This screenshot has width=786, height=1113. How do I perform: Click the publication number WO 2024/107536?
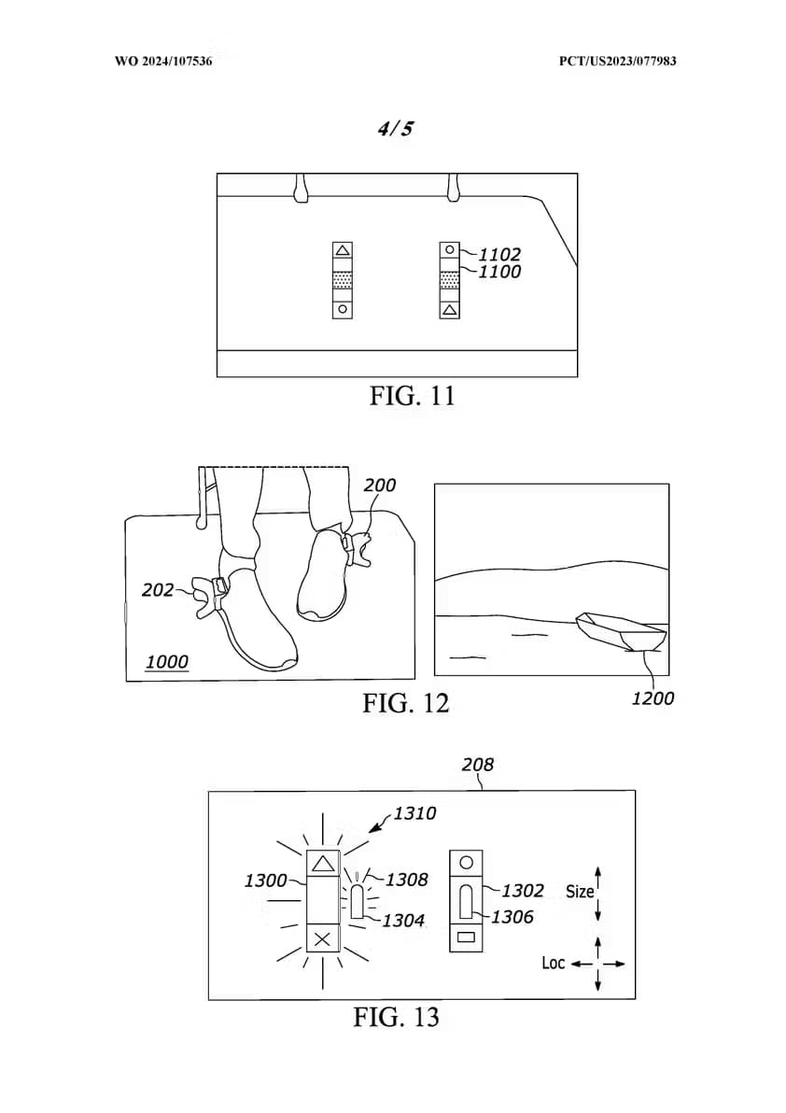point(163,61)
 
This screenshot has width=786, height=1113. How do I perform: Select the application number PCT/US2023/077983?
point(617,61)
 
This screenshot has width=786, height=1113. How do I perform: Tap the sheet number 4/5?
point(395,129)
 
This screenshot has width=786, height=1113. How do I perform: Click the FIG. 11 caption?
point(412,395)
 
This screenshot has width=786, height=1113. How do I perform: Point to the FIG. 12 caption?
point(406,703)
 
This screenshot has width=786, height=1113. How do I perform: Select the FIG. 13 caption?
point(396,1017)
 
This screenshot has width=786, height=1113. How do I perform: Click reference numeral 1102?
point(499,254)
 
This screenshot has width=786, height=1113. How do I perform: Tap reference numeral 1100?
point(499,272)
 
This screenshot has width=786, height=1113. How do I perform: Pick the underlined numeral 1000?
point(167,662)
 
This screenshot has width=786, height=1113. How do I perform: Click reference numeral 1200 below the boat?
point(653,698)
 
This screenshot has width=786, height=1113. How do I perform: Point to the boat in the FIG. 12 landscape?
point(622,631)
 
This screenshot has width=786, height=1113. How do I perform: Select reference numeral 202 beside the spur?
point(158,590)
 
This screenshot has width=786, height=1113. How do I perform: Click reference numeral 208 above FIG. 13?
point(477,765)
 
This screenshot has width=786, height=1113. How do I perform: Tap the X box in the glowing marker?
point(323,939)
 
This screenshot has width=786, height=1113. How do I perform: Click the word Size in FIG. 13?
point(580,892)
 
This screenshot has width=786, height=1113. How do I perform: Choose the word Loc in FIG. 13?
point(554,964)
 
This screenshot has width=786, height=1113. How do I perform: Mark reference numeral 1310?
point(414,813)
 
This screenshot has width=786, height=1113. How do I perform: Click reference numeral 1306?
point(512,917)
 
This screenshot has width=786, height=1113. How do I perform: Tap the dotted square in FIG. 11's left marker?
point(343,280)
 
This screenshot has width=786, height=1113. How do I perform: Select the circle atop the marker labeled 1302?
point(466,863)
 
